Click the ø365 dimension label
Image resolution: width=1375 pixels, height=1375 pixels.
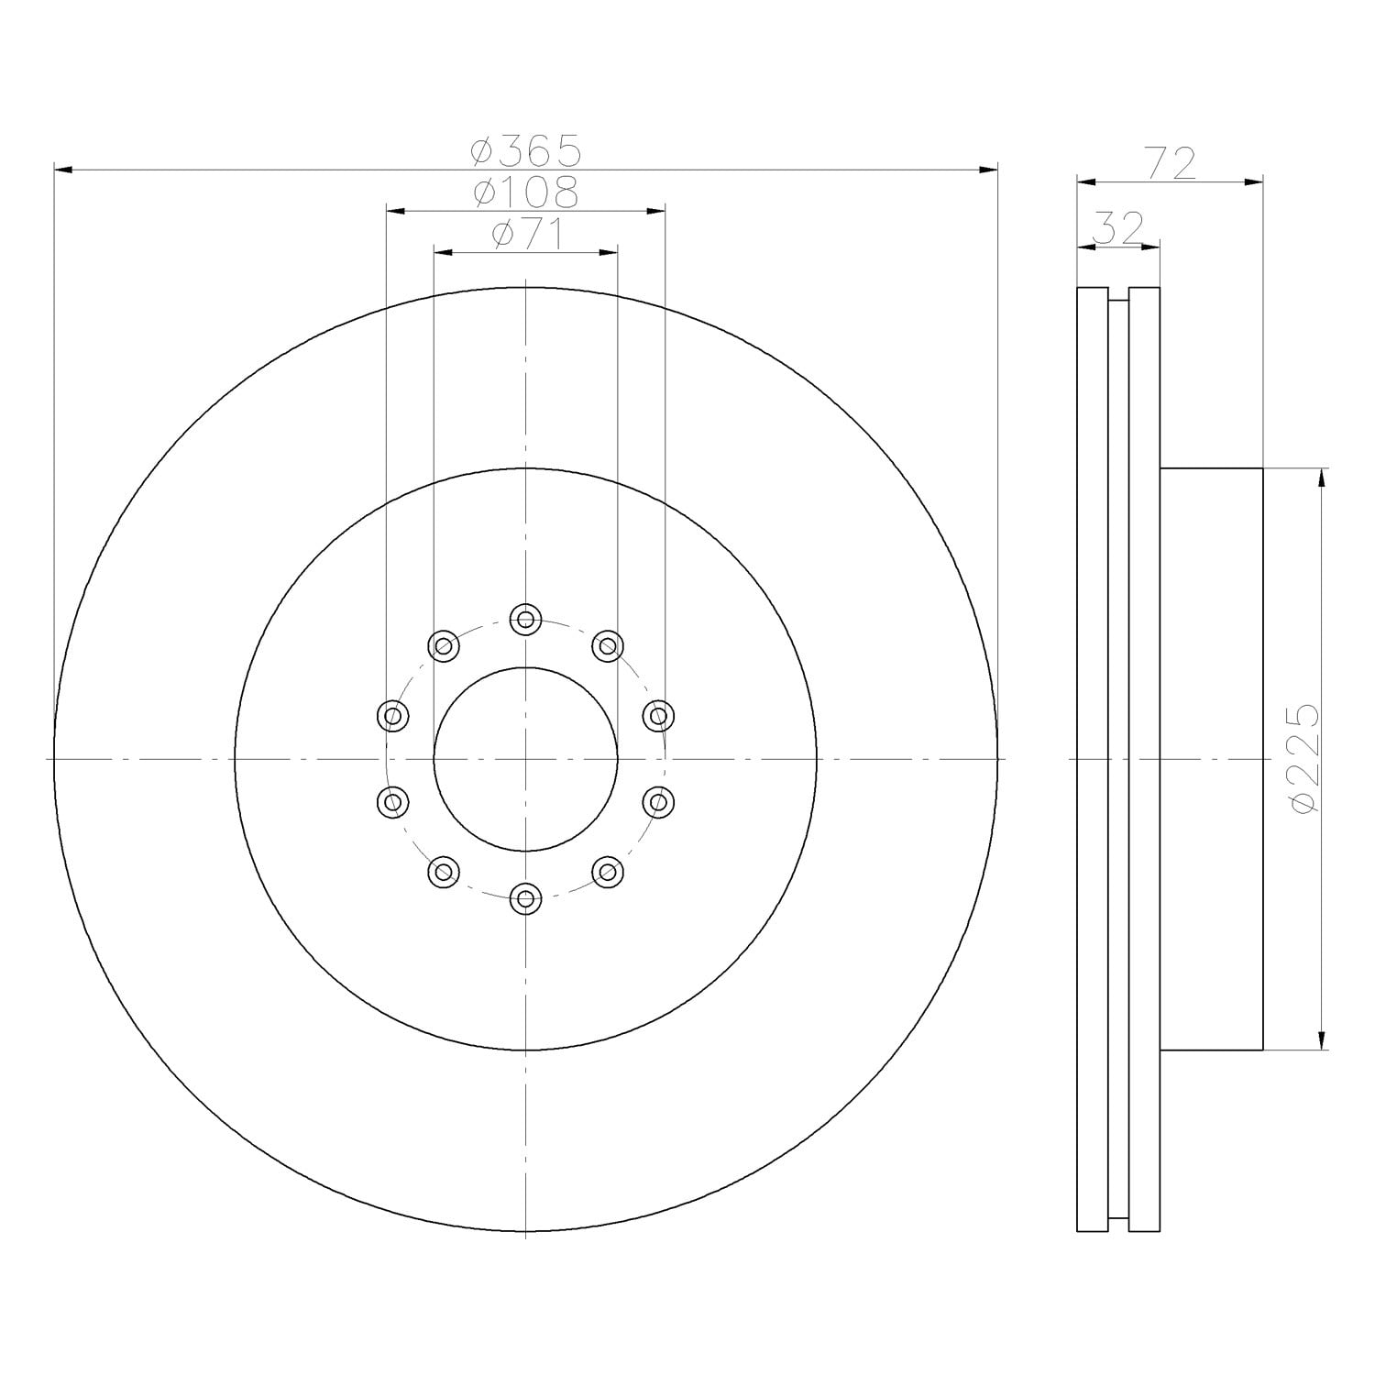point(527,149)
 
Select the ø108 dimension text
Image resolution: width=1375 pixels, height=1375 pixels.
point(526,192)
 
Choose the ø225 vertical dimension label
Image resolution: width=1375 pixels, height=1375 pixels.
point(1303,758)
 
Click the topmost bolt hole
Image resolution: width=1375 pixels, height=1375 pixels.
point(525,620)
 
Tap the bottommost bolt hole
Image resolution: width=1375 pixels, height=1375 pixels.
point(525,898)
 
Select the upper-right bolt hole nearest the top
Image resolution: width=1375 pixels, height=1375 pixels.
point(607,646)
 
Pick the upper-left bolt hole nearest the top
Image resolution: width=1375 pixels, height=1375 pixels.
point(444,646)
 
